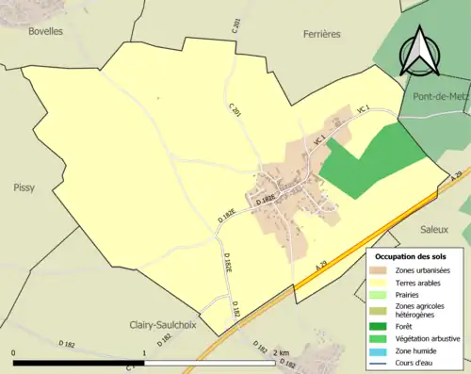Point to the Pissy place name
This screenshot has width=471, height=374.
coord(24,187)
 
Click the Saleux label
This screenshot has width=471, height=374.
coord(436,229)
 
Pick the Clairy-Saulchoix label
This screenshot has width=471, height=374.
coord(169,325)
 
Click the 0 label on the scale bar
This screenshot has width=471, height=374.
coord(14,352)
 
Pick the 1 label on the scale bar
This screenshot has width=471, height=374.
coord(144,352)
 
